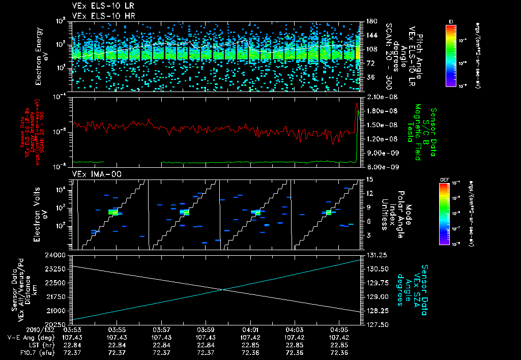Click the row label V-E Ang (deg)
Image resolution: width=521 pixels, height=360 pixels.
pyautogui.click(x=28, y=337)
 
